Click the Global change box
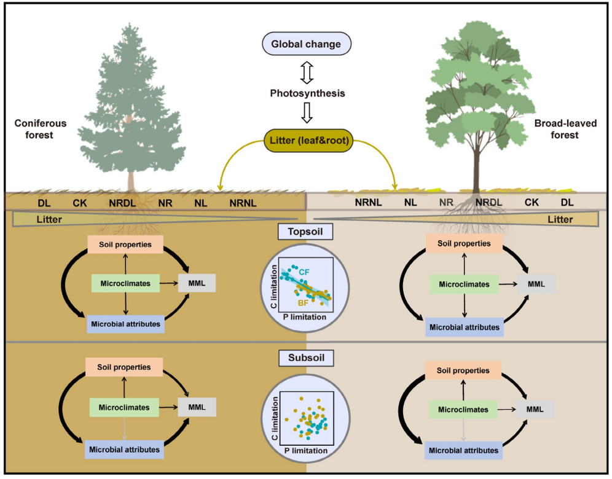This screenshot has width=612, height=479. (x=305, y=44)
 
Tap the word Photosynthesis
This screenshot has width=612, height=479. (x=305, y=94)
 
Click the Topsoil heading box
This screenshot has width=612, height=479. (x=305, y=232)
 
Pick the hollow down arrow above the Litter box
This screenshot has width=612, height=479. (x=305, y=113)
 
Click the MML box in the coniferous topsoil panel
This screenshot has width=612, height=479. (x=197, y=283)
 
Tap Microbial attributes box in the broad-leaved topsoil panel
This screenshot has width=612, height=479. (x=465, y=327)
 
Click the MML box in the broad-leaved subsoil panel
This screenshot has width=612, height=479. (x=535, y=410)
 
